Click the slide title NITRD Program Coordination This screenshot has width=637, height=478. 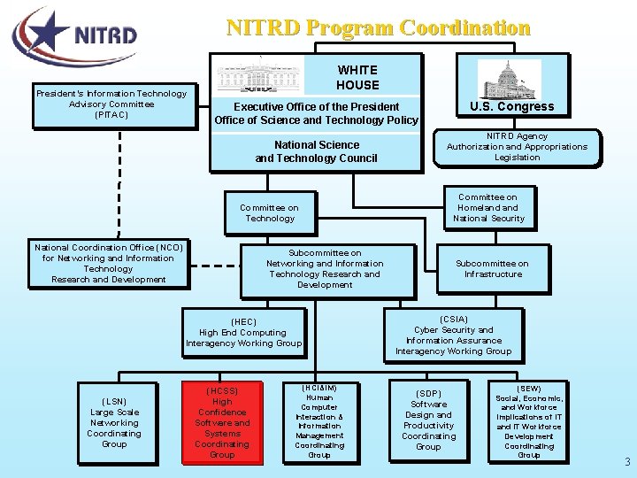(x=379, y=27)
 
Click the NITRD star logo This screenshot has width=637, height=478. (x=75, y=35)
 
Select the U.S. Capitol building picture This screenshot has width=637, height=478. (x=509, y=80)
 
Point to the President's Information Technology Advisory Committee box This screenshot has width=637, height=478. (x=111, y=104)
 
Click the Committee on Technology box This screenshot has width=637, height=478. (x=270, y=213)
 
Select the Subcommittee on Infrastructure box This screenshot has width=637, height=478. (x=493, y=269)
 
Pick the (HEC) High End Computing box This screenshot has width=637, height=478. (x=243, y=332)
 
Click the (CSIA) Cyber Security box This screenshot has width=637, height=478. (x=453, y=335)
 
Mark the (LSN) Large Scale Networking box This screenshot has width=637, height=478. (x=114, y=422)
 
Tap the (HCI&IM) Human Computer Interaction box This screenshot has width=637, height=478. (x=319, y=421)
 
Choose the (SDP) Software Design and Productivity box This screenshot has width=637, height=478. (x=428, y=420)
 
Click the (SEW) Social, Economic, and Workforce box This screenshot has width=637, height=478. (x=529, y=421)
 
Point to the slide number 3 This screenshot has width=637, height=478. (x=627, y=462)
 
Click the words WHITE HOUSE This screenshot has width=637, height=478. (x=357, y=77)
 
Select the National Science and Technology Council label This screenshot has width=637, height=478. (x=316, y=151)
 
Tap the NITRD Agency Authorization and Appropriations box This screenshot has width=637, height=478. (x=517, y=147)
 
